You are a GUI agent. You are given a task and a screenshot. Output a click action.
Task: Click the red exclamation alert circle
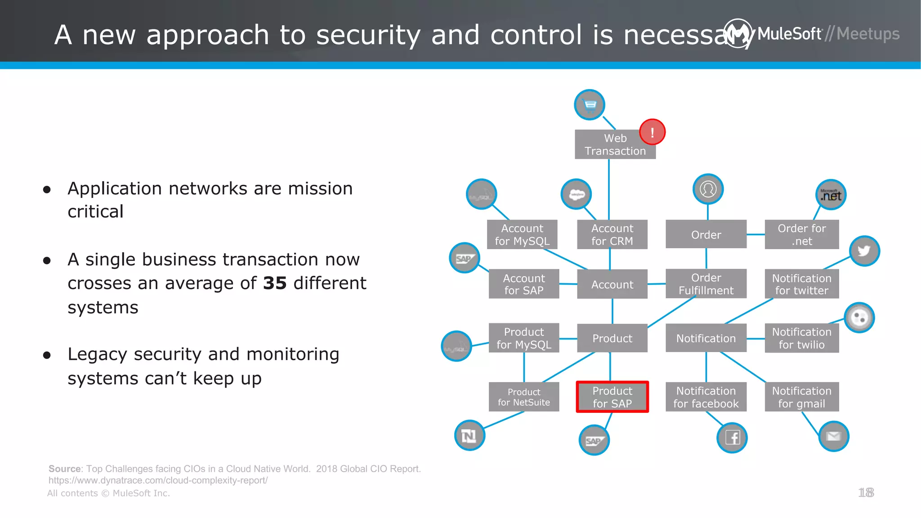click(x=652, y=132)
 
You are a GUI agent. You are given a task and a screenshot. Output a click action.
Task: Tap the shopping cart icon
click(x=590, y=105)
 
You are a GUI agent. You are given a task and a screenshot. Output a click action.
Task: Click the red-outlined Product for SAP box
click(x=612, y=397)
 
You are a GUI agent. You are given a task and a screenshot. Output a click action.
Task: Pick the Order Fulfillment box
click(x=706, y=284)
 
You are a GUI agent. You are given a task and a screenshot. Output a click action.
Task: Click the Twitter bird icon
click(x=864, y=251)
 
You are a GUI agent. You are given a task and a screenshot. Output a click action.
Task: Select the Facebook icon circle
click(x=732, y=438)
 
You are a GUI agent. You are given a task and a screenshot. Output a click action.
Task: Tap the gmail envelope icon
click(x=833, y=436)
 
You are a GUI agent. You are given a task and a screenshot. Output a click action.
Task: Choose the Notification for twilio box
click(x=801, y=338)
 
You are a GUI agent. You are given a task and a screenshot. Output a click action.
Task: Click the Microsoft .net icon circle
click(x=831, y=195)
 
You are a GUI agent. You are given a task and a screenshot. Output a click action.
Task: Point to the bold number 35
click(x=275, y=283)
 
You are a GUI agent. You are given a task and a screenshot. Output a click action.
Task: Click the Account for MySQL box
click(x=522, y=235)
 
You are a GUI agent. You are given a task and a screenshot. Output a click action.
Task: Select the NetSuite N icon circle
click(x=469, y=435)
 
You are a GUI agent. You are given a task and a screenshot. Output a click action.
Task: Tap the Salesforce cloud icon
click(x=576, y=194)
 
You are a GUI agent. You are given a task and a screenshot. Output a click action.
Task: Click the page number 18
click(x=866, y=493)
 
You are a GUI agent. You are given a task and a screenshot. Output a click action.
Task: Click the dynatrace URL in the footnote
click(x=158, y=481)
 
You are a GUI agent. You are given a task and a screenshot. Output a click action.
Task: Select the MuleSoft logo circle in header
click(x=738, y=33)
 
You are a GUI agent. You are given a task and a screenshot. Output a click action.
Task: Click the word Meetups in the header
click(x=867, y=34)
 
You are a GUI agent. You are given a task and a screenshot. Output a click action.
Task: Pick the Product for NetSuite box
click(x=524, y=397)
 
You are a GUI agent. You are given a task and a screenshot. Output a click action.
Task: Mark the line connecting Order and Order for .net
click(x=756, y=234)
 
